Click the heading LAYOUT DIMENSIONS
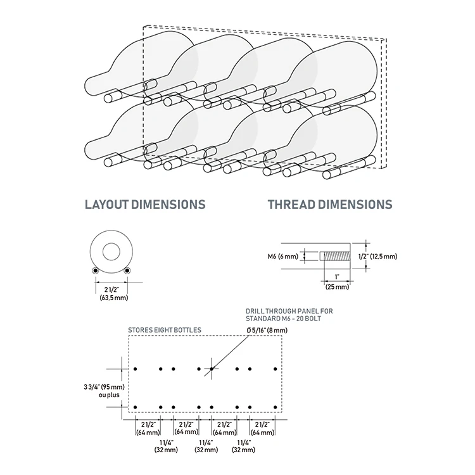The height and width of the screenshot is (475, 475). click(145, 205)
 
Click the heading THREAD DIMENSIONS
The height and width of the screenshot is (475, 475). click(329, 205)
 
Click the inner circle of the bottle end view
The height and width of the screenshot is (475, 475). click(111, 251)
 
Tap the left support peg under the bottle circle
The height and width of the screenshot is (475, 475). click(95, 271)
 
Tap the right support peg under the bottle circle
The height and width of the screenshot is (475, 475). click(127, 271)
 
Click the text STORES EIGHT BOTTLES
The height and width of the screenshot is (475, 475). click(165, 330)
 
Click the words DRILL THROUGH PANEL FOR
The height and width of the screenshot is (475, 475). click(288, 311)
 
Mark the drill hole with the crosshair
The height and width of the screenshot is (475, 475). click(212, 369)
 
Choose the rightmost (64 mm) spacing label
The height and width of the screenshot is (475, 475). click(262, 433)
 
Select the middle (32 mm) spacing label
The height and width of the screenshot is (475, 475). click(206, 450)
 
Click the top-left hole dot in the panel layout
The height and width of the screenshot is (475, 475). click(136, 369)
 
